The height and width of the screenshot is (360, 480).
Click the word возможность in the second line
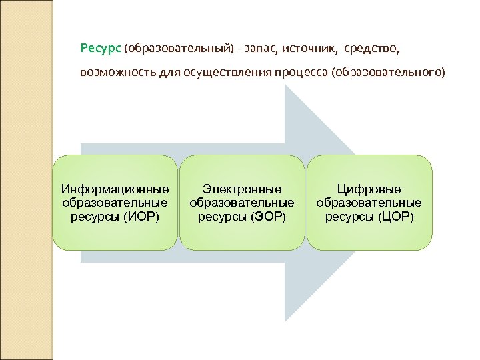[x=115, y=72]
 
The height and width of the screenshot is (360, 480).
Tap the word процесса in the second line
[x=300, y=72]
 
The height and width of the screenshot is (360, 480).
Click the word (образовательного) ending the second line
[x=387, y=72]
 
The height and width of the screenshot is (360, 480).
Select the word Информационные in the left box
[x=115, y=189]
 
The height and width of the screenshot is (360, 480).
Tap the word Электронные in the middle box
[x=242, y=189]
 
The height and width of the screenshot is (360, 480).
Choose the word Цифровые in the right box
[x=369, y=189]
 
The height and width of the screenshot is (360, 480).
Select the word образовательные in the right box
[x=369, y=203]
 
